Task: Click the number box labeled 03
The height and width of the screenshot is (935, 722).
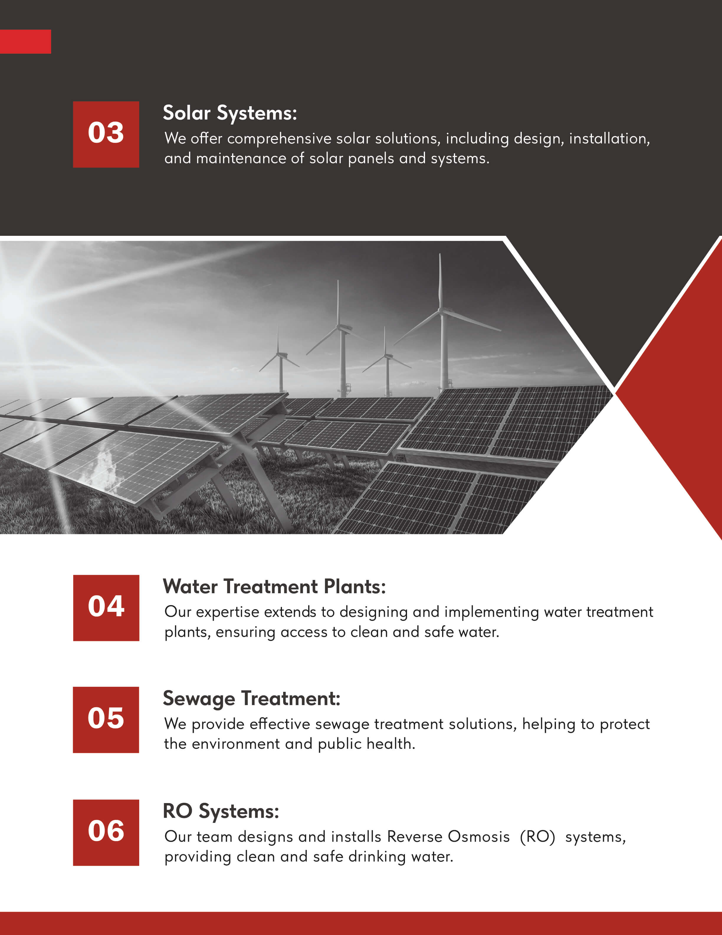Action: pyautogui.click(x=106, y=134)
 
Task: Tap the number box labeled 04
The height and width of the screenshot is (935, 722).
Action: pyautogui.click(x=106, y=608)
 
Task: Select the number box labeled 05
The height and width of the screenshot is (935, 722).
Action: pyautogui.click(x=106, y=720)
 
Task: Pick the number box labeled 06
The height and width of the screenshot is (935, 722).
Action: pyautogui.click(x=106, y=833)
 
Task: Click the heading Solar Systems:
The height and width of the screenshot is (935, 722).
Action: pyautogui.click(x=230, y=113)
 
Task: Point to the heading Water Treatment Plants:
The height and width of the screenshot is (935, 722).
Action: pyautogui.click(x=274, y=586)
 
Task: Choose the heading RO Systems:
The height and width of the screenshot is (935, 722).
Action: pyautogui.click(x=221, y=812)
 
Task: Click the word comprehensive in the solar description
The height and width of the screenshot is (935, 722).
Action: pyautogui.click(x=279, y=139)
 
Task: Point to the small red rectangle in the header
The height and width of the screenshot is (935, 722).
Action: pyautogui.click(x=25, y=42)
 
